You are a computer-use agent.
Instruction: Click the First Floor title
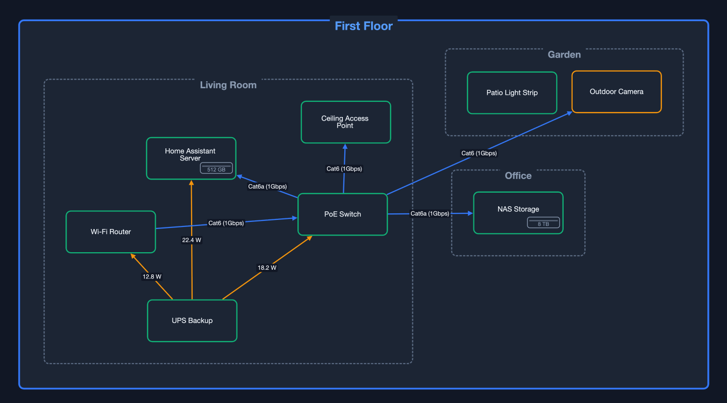363,26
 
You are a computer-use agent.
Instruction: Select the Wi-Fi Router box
110,232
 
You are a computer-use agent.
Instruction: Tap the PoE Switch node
342,214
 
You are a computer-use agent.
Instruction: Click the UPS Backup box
192,321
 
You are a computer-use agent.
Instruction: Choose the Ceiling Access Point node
345,122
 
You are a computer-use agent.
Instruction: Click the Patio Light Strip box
512,93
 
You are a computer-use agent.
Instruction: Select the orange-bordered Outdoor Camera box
616,92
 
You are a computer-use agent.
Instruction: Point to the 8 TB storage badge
543,223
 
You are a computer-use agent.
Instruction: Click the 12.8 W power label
152,276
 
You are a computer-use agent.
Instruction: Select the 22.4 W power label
192,240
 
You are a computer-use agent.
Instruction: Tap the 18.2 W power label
267,268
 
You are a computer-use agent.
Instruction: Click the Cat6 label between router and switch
226,223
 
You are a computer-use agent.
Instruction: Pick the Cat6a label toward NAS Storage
430,213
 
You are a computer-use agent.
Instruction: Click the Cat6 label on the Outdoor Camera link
478,153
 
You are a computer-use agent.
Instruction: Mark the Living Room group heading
228,85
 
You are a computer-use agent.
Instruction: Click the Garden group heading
564,54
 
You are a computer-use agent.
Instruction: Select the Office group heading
518,176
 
